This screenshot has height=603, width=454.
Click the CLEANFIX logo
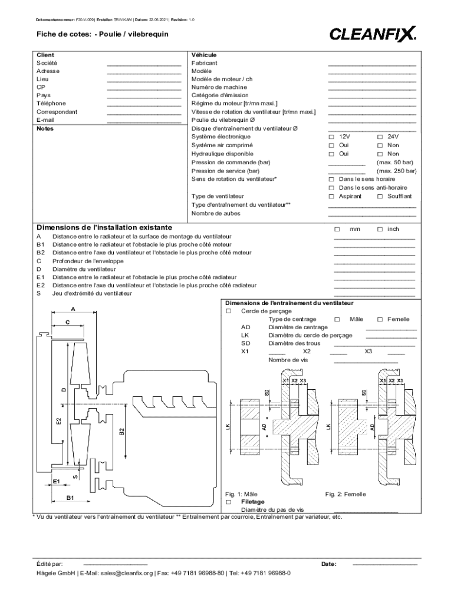coord(373,34)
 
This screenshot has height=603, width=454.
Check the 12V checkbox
coord(331,137)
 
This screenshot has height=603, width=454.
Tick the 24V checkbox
coord(380,137)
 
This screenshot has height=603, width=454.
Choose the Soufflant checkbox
coord(380,196)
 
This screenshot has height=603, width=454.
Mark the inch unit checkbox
coord(380,228)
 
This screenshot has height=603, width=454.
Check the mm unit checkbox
coord(337,228)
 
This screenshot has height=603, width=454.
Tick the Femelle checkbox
coord(380,319)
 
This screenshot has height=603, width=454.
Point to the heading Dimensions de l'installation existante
coord(104,227)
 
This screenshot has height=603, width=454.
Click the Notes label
coord(45,128)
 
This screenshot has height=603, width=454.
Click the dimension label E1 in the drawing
coord(57,481)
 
